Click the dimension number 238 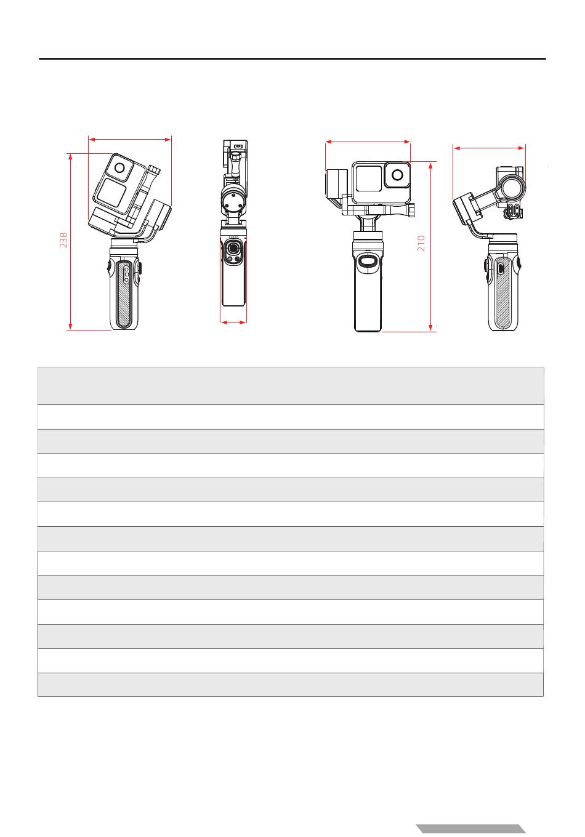pos(63,240)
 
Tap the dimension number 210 pos(421,243)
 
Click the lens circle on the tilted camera pos(119,168)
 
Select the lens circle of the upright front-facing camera pos(397,175)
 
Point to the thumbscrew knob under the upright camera pos(411,210)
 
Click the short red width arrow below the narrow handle pos(233,322)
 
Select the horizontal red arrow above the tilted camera pos(130,139)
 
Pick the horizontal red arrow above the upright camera pos(368,142)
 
